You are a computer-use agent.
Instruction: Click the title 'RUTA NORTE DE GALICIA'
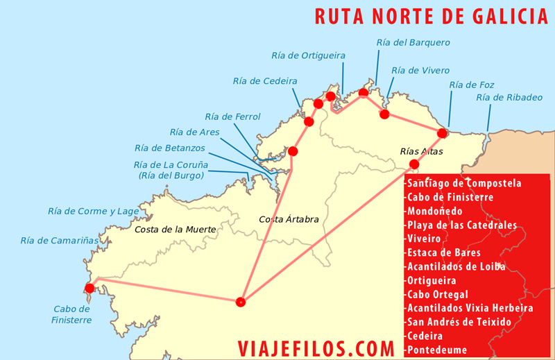click(431, 16)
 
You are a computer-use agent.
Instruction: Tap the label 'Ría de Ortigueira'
click(308, 55)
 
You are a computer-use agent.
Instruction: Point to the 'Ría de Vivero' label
click(420, 70)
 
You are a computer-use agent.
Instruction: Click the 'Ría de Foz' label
click(472, 85)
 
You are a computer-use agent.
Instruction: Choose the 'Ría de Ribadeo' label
click(509, 97)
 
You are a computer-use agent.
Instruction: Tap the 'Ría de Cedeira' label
click(265, 81)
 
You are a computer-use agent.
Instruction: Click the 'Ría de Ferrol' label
click(233, 117)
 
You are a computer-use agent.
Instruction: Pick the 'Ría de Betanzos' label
click(170, 148)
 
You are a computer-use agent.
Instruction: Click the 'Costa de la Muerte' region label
click(176, 229)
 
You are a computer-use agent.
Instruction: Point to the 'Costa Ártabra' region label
click(289, 219)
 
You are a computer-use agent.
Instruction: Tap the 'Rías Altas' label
click(421, 151)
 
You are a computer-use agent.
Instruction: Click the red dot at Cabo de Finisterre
click(89, 288)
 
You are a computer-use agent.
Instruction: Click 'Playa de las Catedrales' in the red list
click(461, 225)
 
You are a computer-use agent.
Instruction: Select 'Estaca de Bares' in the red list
click(444, 253)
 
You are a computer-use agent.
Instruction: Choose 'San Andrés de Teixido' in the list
click(460, 322)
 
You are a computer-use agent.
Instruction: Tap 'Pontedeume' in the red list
click(437, 350)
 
